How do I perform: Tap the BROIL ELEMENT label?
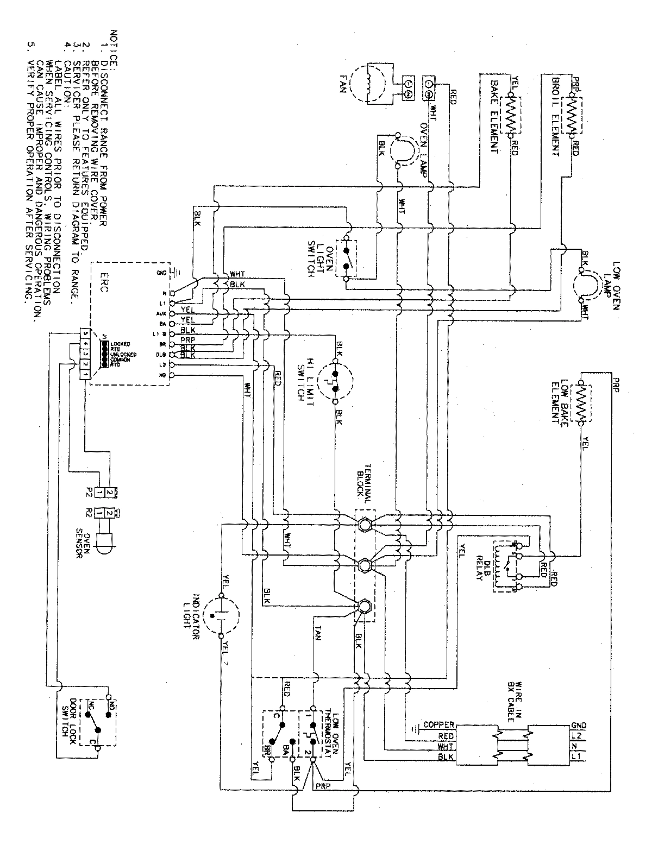tap(555, 115)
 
